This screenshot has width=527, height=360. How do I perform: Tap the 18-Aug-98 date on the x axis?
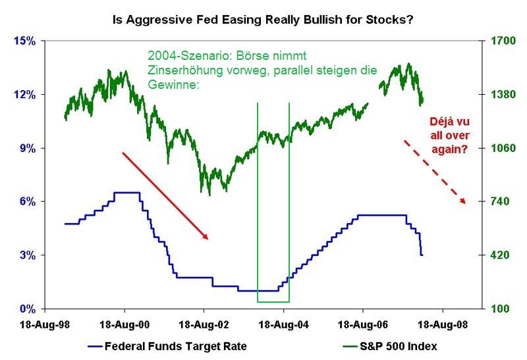pos(45,324)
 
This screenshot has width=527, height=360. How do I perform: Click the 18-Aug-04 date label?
pos(283,324)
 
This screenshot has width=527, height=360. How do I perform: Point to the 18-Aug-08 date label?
pos(442,324)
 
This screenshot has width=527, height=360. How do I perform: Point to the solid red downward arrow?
pos(165,195)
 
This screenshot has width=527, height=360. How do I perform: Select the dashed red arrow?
pos(434,171)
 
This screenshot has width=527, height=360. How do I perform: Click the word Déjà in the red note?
pos(429,124)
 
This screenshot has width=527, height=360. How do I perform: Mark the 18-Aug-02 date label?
pos(204,324)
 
